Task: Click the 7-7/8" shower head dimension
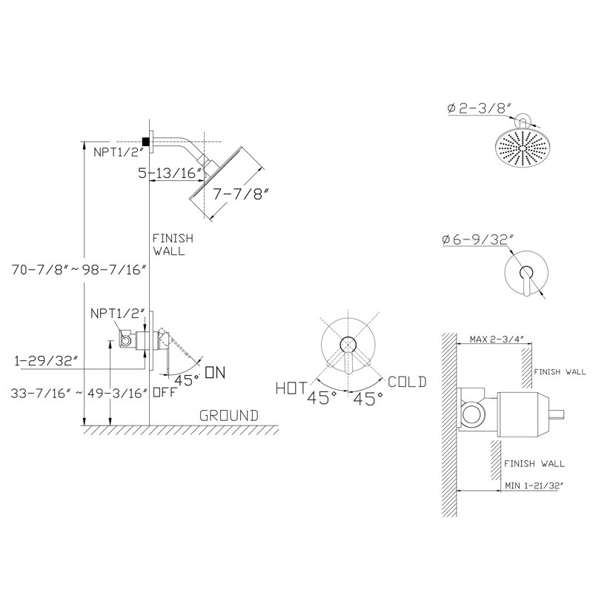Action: point(241,194)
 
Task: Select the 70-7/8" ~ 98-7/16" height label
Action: point(79,270)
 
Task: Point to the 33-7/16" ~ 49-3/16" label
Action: point(79,394)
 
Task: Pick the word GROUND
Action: point(229,416)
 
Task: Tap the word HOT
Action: point(291,388)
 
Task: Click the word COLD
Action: point(407,382)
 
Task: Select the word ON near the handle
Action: point(215,373)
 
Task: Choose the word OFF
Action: point(165,392)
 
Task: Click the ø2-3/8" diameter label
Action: point(479,108)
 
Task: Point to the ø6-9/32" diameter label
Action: point(477,239)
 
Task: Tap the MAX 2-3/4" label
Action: point(496,339)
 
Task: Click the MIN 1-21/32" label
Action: point(532,486)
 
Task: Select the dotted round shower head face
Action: point(522,148)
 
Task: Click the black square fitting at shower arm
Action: point(146,142)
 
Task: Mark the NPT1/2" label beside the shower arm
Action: point(119,152)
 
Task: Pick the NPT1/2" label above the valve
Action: point(118,313)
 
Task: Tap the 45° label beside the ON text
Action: point(187,380)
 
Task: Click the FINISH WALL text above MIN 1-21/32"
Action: point(534,464)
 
